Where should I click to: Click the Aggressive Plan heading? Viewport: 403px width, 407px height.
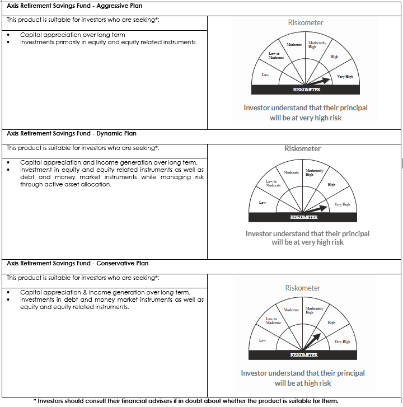click(74, 6)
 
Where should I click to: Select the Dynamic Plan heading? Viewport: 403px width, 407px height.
click(71, 134)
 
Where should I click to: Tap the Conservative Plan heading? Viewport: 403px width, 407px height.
click(77, 263)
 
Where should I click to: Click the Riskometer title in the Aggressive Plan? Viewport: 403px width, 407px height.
click(306, 23)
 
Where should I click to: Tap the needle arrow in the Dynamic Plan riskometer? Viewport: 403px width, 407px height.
click(317, 208)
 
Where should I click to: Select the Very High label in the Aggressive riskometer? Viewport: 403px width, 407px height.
click(345, 77)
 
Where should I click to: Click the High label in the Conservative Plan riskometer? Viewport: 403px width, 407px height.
click(331, 322)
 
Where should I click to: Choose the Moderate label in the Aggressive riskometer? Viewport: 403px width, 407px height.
click(294, 45)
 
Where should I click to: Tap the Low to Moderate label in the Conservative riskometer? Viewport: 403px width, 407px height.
click(273, 321)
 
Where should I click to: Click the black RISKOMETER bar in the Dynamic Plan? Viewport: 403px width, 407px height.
click(304, 217)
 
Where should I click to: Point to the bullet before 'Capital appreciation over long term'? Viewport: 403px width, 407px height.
click(9, 35)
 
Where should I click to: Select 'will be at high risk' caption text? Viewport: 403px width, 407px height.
click(303, 383)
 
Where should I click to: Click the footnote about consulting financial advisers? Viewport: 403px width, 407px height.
click(186, 401)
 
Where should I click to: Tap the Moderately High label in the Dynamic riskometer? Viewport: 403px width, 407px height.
click(314, 172)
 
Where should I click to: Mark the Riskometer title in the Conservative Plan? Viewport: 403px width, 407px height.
click(303, 288)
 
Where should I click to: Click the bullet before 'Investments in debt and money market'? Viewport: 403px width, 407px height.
click(9, 300)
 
